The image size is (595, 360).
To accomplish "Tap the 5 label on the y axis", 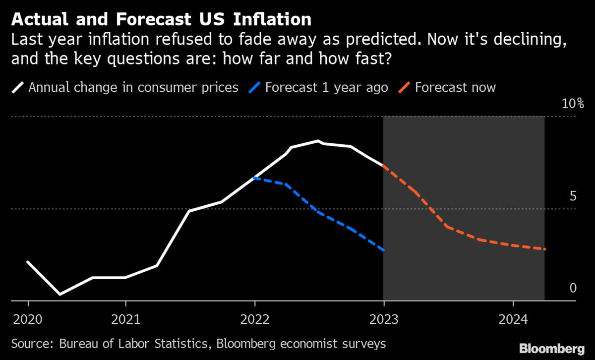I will click(x=573, y=196).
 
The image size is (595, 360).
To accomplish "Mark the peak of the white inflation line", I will click(x=318, y=141).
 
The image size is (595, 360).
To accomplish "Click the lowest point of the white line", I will click(x=60, y=295).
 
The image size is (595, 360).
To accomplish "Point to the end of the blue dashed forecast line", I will click(x=383, y=250).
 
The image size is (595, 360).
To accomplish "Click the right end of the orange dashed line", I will click(x=545, y=249).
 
